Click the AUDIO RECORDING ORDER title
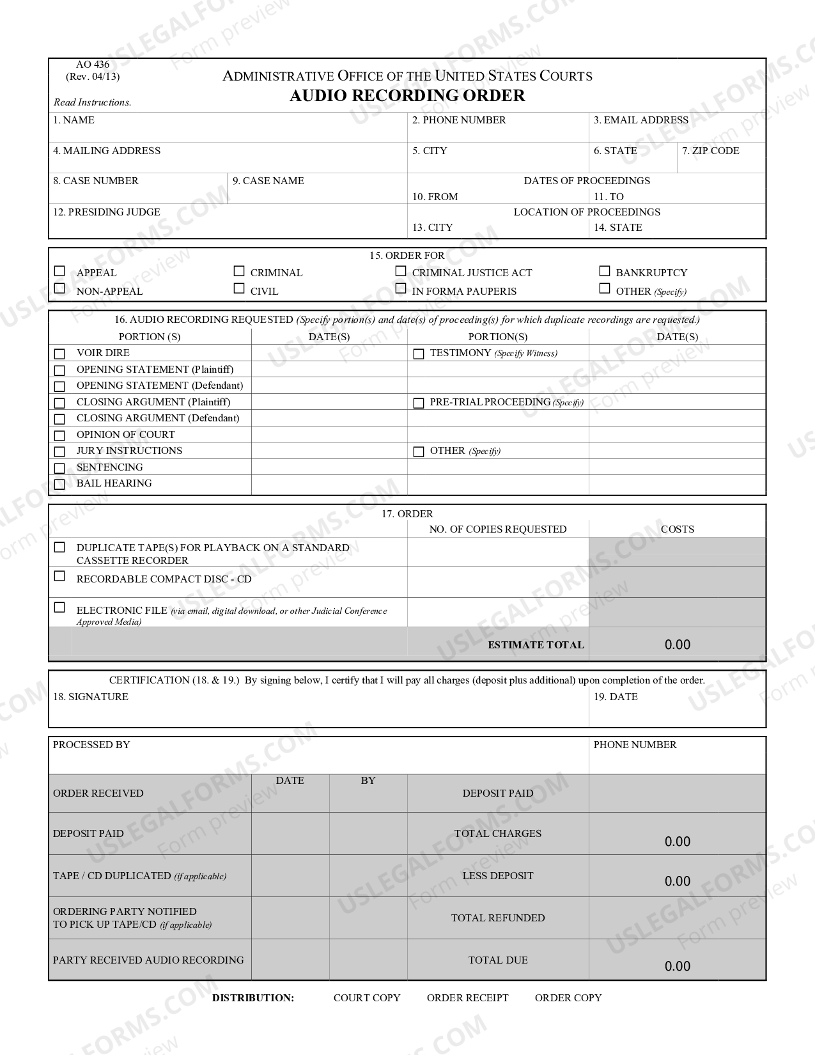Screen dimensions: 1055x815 [407, 96]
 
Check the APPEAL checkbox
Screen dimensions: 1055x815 [59, 271]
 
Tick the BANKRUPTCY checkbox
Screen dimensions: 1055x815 [605, 271]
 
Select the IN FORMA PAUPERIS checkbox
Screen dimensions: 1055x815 [401, 289]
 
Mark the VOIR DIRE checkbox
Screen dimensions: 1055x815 [59, 354]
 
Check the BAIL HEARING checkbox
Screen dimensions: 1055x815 [59, 484]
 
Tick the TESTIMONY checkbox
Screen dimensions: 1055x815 [419, 354]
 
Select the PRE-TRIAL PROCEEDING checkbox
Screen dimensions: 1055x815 [419, 403]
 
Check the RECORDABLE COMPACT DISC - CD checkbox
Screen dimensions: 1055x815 [59, 576]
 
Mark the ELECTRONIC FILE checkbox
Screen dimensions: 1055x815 [59, 607]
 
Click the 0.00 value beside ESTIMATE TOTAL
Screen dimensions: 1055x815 [677, 645]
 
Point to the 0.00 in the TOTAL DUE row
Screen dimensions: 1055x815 [677, 966]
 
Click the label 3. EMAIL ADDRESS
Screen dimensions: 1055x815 [640, 120]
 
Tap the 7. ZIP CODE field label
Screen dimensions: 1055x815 [710, 151]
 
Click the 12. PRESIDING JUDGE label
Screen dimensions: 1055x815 [106, 212]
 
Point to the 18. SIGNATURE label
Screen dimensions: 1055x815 [90, 697]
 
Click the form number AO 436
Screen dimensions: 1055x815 [93, 65]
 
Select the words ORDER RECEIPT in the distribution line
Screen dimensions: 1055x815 [467, 997]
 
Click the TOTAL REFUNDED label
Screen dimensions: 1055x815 [497, 918]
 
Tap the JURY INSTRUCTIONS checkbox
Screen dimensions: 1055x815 [59, 451]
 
